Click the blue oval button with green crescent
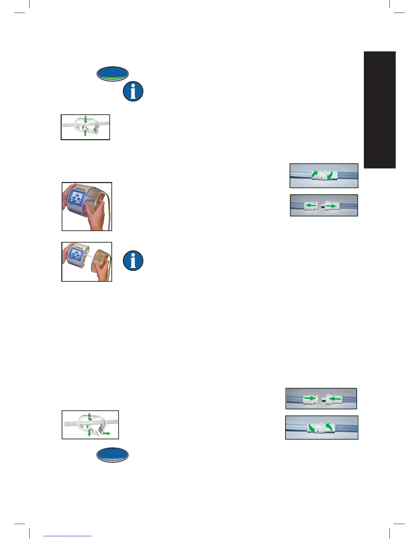point(113,73)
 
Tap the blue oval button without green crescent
point(113,455)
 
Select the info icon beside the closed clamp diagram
point(133,91)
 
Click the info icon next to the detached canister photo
point(133,261)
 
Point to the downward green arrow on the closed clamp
point(86,119)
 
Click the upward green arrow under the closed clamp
point(85,132)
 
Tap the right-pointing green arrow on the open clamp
point(106,433)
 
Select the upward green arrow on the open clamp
point(89,416)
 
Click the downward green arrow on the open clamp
point(89,432)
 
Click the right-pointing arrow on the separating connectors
point(331,206)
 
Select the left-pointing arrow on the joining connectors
point(335,398)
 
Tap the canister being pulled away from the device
point(100,262)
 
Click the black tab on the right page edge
point(380,110)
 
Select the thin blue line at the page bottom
point(67,536)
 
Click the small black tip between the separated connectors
point(322,206)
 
